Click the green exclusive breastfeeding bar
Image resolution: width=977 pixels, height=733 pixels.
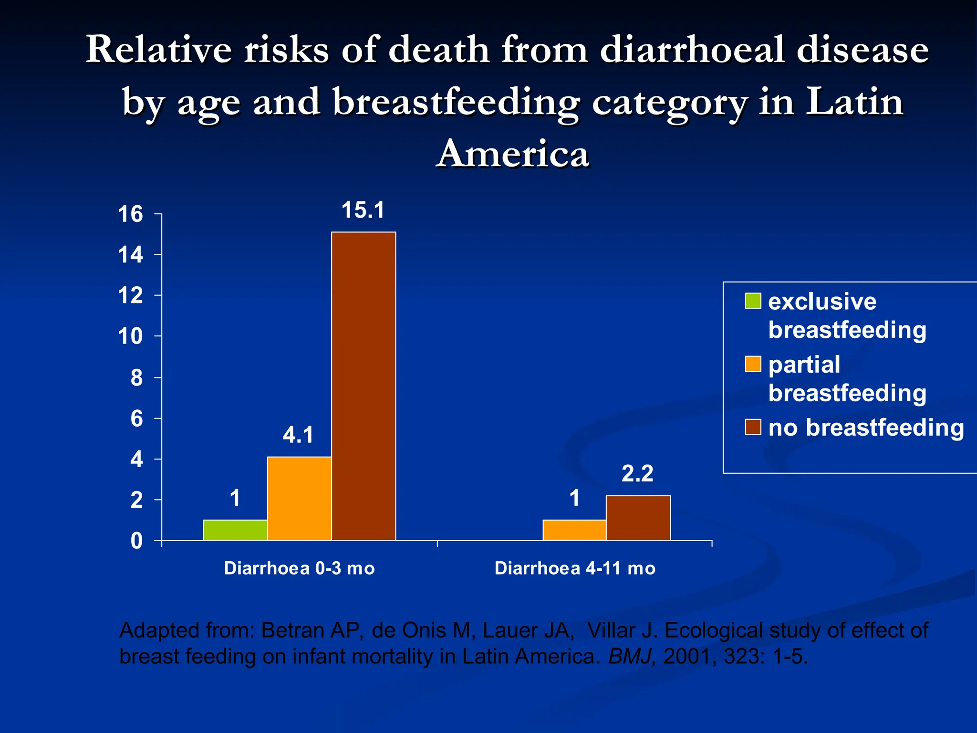coord(235,530)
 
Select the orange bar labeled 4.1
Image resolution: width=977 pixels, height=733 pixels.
coord(299,498)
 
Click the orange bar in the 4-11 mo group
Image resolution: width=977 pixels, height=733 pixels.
coord(574,530)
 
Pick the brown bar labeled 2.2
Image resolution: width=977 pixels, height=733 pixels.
coord(638,518)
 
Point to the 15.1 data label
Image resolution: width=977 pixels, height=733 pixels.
coord(363,210)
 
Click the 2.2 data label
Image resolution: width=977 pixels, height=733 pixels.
coord(637,474)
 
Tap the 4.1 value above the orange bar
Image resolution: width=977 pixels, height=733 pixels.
coord(298,435)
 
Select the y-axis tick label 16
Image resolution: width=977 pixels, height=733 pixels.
coord(130,214)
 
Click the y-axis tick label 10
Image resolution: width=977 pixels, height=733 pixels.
coord(130,337)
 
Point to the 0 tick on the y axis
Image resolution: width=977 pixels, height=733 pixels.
coord(136,541)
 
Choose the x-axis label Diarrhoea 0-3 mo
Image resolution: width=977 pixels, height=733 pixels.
coord(299,568)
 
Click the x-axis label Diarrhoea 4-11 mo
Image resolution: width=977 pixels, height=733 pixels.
coord(575,568)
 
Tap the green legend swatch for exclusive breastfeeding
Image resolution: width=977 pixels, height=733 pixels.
coord(753,301)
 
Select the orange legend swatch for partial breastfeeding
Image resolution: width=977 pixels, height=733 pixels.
coord(753,364)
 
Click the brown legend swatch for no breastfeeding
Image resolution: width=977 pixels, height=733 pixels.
coord(753,427)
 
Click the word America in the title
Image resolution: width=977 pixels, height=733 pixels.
coord(513,154)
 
